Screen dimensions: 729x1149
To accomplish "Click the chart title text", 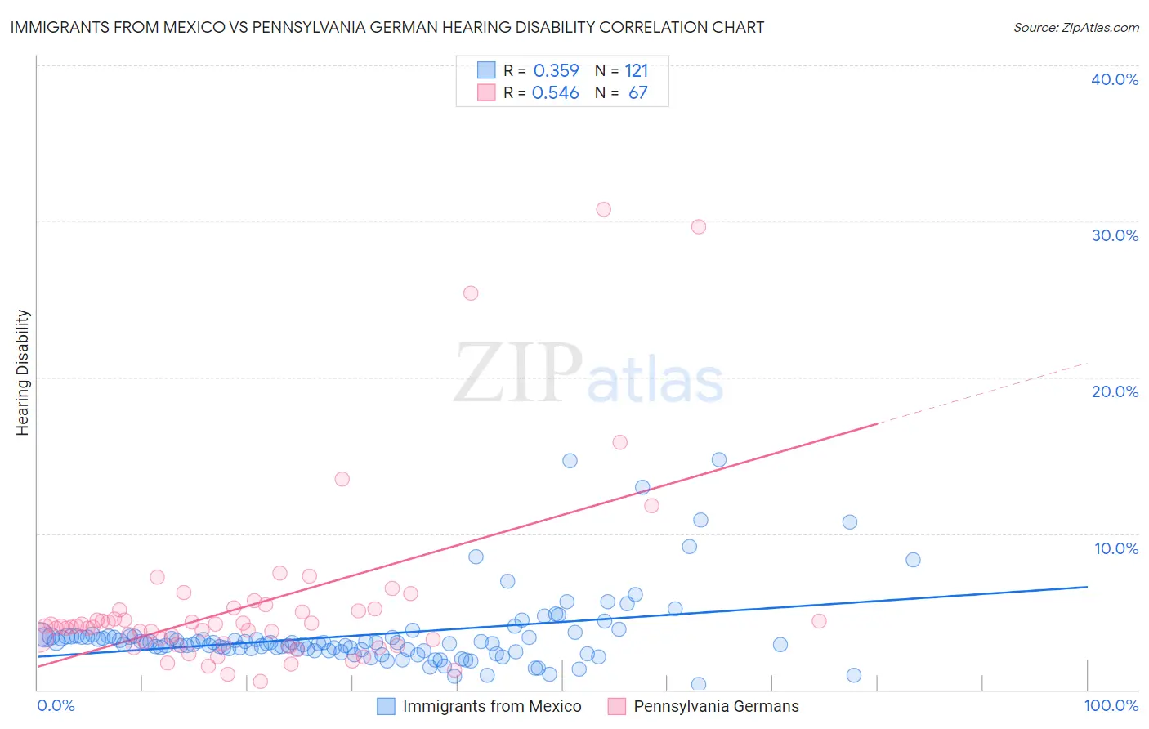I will click(387, 27).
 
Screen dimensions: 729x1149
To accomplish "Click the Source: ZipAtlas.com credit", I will click(1075, 27).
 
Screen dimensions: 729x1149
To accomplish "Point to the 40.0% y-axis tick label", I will click(1114, 79).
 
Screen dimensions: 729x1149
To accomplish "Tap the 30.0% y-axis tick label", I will click(1114, 235).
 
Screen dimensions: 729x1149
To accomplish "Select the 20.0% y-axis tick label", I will click(1114, 391).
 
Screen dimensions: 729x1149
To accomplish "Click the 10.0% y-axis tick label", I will click(1115, 548).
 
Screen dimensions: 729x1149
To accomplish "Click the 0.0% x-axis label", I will click(56, 705).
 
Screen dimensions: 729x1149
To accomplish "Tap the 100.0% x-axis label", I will click(1111, 705).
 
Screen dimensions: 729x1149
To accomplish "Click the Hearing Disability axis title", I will click(23, 373).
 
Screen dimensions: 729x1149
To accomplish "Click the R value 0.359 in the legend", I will click(556, 70).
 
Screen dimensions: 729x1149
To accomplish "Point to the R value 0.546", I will click(556, 93).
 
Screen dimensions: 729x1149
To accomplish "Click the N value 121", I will click(636, 70).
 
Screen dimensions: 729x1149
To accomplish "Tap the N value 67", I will click(637, 93).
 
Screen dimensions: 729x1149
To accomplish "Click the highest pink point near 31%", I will click(603, 209).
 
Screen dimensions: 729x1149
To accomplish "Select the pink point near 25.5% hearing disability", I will click(471, 293).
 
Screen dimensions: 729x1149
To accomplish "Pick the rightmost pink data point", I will click(819, 621).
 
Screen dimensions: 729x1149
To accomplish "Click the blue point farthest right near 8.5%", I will click(913, 560).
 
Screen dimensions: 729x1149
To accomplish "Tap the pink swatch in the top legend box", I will click(486, 93).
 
